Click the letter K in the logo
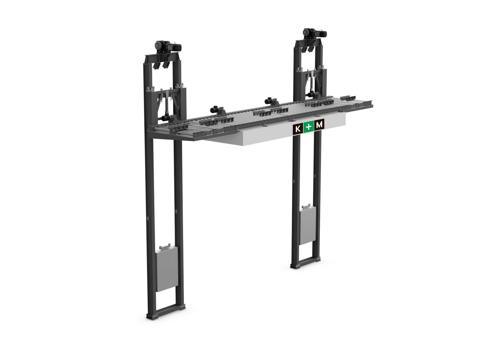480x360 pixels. pyautogui.click(x=298, y=129)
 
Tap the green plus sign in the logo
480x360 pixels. pyautogui.click(x=308, y=127)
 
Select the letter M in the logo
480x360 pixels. pyautogui.click(x=319, y=125)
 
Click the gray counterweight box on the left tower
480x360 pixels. pyautogui.click(x=167, y=269)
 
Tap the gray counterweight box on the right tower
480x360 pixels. pyautogui.click(x=307, y=226)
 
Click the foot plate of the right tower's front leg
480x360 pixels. pyautogui.click(x=295, y=267)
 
